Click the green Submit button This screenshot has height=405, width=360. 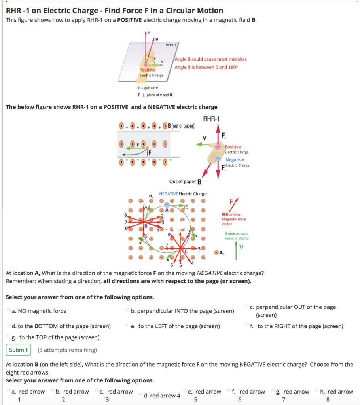coord(19,350)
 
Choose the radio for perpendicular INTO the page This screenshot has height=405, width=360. coord(128,311)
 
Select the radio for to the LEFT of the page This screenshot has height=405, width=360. coord(128,326)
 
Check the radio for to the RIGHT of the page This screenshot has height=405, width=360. coord(247,326)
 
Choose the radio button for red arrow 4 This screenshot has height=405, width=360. coord(142,395)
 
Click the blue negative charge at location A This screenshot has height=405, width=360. coord(167,205)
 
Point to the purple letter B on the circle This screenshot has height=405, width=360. coord(146,226)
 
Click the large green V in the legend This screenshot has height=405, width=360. coord(241,247)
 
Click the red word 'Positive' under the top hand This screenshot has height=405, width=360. coord(148,70)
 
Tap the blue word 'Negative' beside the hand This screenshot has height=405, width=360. coord(235,160)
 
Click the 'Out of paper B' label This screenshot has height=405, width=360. coord(185,182)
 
